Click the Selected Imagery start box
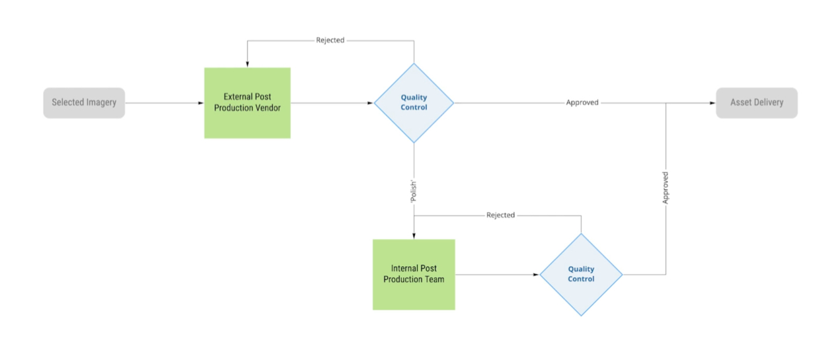[84, 102]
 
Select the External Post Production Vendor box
[247, 102]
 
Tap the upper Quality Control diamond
[414, 102]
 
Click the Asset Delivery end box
[757, 102]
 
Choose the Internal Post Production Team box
[414, 274]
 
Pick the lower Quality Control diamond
[581, 274]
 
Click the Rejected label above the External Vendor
[330, 40]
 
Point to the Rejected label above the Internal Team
[500, 215]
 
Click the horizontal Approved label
[582, 102]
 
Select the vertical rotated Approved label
[666, 188]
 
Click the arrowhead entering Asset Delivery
[712, 103]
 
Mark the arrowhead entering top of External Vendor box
[247, 64]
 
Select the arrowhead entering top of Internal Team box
[414, 236]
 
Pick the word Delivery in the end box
[768, 102]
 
